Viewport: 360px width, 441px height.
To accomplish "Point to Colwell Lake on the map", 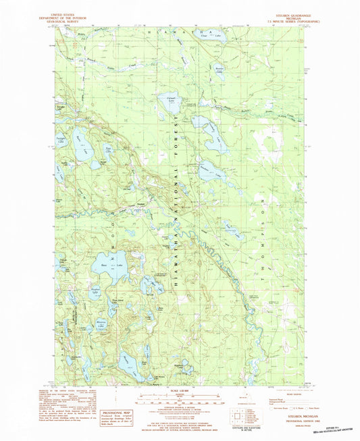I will [172, 101].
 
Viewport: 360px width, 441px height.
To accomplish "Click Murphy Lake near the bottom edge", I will [159, 379].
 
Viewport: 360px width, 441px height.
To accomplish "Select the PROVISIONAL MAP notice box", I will [118, 415].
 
